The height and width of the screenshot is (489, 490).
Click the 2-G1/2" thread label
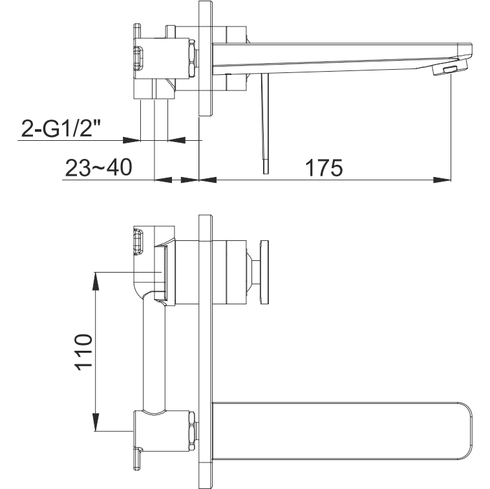click(x=61, y=128)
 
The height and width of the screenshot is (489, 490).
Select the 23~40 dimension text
click(x=99, y=167)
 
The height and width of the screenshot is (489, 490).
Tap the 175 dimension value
click(x=324, y=168)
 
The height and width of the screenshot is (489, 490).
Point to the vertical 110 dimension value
click(x=84, y=352)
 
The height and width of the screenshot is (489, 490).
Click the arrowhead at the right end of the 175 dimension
click(x=442, y=180)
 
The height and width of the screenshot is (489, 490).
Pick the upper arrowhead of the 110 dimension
click(x=96, y=281)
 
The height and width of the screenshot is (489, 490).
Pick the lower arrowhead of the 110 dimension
click(x=96, y=422)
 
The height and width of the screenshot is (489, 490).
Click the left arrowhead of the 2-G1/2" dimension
click(x=131, y=140)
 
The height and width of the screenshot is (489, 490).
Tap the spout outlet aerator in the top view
click(x=451, y=67)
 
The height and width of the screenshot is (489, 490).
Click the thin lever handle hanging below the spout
click(x=265, y=123)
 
